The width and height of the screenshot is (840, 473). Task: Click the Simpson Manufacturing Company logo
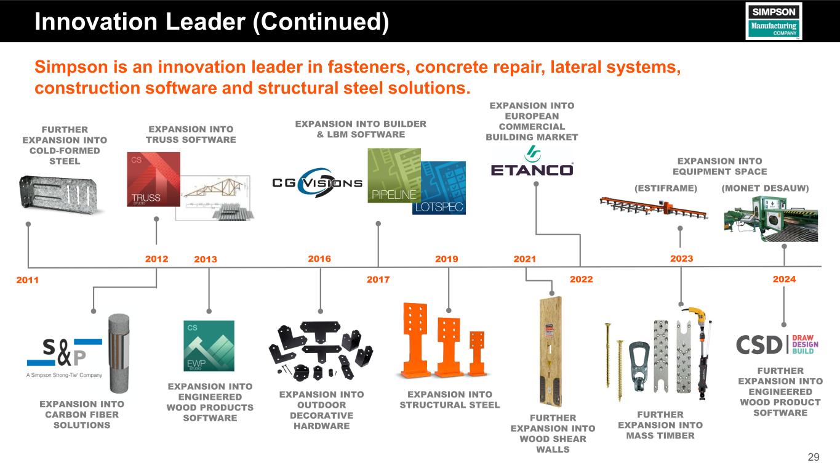pyautogui.click(x=773, y=21)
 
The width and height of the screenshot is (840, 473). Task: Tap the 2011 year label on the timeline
pyautogui.click(x=27, y=280)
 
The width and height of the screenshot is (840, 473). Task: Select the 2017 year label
pyautogui.click(x=378, y=280)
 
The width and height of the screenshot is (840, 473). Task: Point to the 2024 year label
pyautogui.click(x=784, y=280)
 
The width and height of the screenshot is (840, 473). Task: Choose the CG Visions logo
pyautogui.click(x=317, y=181)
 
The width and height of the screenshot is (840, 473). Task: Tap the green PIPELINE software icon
pyautogui.click(x=393, y=175)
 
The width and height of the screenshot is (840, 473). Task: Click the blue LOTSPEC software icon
pyautogui.click(x=439, y=188)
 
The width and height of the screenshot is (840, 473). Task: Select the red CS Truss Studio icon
pyautogui.click(x=153, y=179)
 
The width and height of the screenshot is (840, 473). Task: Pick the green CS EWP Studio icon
pyautogui.click(x=209, y=346)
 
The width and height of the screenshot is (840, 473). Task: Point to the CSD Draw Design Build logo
pyautogui.click(x=779, y=344)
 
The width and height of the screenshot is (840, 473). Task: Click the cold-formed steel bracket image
pyautogui.click(x=60, y=193)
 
